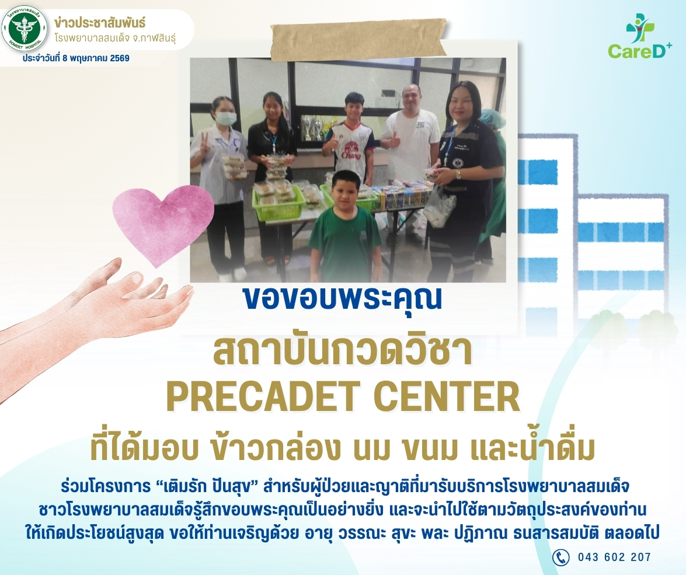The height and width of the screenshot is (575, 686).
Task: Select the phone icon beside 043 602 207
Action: click(x=560, y=557)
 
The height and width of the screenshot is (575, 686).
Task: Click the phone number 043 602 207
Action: click(x=614, y=557)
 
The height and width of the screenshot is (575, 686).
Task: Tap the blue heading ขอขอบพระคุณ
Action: click(x=343, y=298)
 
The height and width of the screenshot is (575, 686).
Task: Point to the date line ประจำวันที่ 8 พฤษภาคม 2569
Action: click(x=76, y=58)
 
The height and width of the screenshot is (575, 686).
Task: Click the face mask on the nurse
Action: click(x=227, y=118)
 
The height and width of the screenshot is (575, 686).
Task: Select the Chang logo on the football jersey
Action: click(x=351, y=150)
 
